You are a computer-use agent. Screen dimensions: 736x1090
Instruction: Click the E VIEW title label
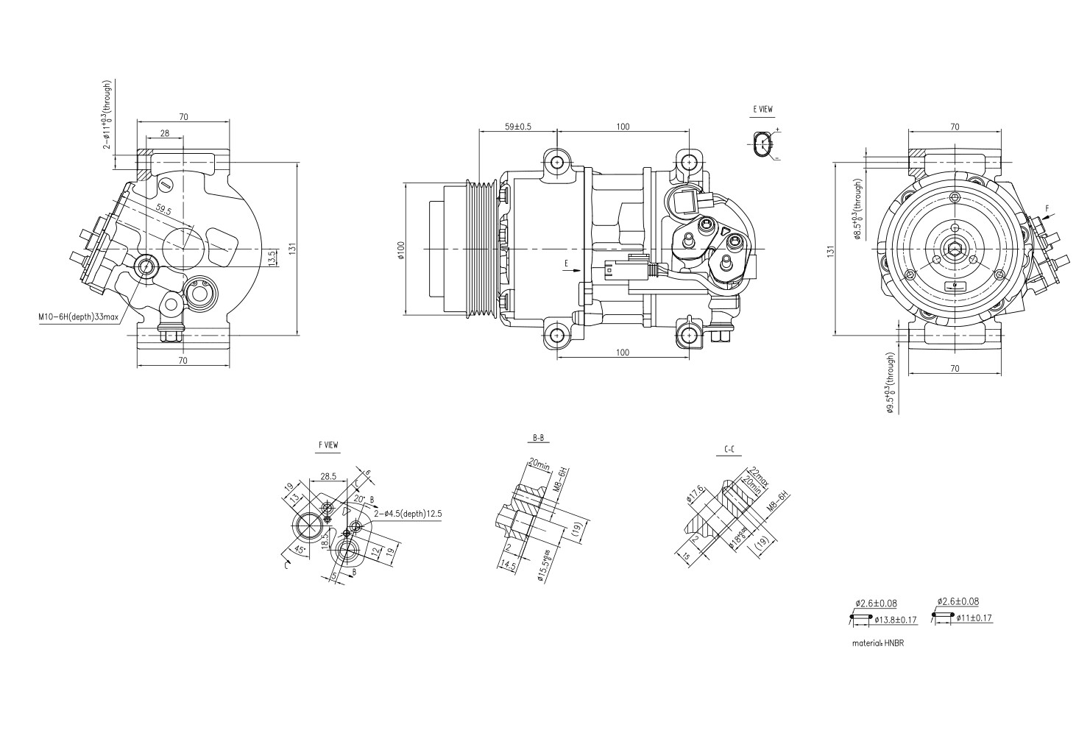[x=762, y=109]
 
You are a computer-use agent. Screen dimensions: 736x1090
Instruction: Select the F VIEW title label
[x=328, y=445]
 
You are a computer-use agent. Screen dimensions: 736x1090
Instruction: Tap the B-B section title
[x=539, y=438]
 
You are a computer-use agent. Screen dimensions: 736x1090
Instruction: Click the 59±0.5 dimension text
[x=518, y=126]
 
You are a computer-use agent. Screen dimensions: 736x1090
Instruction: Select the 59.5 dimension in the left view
[x=163, y=210]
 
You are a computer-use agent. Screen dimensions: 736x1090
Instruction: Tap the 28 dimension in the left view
[x=164, y=133]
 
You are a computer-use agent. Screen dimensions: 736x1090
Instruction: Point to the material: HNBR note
[x=878, y=643]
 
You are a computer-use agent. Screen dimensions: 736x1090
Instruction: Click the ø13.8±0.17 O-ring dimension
[x=896, y=620]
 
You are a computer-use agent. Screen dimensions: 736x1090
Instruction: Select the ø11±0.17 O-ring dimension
[x=974, y=618]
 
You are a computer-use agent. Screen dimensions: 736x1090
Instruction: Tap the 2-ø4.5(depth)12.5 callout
[x=407, y=514]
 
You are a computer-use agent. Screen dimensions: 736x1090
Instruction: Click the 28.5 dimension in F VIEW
[x=328, y=476]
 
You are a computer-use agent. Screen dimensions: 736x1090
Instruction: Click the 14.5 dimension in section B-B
[x=507, y=565]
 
